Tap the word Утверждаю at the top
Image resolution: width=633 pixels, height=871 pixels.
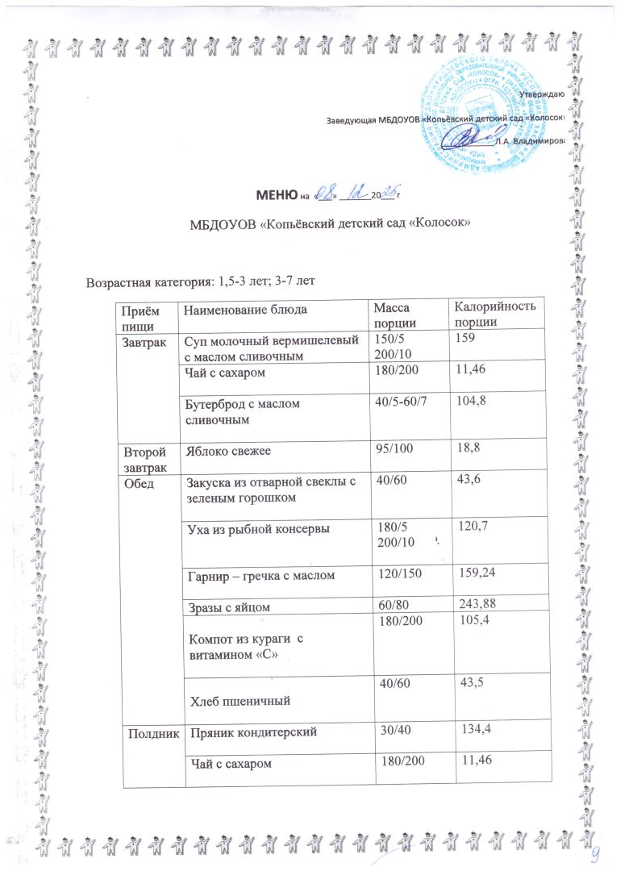(541, 94)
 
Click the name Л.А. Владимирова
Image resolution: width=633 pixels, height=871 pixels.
(529, 140)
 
